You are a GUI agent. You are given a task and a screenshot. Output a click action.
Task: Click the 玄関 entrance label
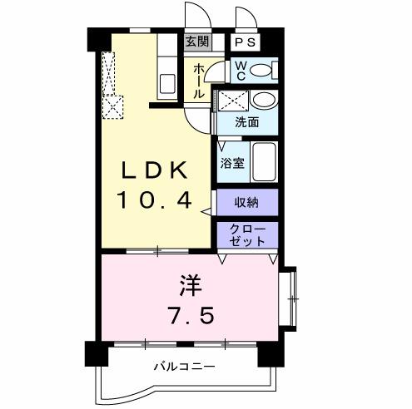point(196,42)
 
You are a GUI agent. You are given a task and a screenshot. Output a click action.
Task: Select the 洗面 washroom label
point(246,121)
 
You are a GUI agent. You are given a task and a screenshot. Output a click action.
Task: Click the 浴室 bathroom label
point(232,163)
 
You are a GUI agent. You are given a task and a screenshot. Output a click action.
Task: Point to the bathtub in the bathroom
point(265,161)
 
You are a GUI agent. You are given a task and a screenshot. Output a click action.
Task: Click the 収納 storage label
point(246,202)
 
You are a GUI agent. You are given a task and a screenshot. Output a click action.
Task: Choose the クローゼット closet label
point(246,234)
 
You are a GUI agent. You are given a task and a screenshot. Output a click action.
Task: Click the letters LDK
point(156,170)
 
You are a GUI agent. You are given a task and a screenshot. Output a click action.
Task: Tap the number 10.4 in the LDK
point(156,200)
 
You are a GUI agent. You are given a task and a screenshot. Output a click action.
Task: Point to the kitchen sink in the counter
point(166,83)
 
